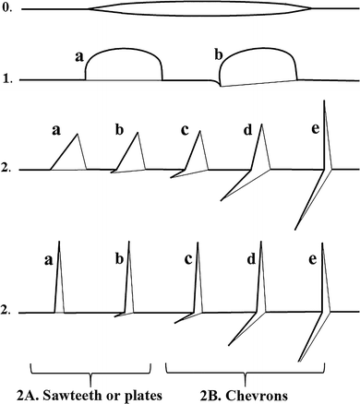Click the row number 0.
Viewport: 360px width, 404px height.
pos(6,10)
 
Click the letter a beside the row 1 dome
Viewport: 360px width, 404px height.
pos(78,57)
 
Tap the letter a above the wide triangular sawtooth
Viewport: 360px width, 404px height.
pos(56,132)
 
